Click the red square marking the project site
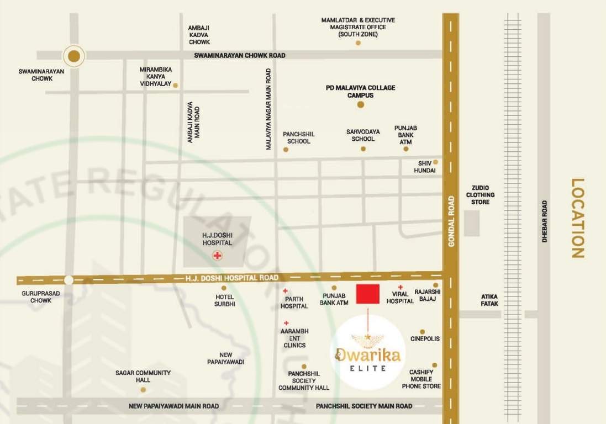[x=368, y=294]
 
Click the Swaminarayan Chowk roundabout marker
[x=73, y=55]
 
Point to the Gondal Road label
[x=451, y=221]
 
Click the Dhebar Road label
[x=544, y=221]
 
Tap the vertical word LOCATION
[x=577, y=218]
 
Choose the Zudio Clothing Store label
[x=480, y=195]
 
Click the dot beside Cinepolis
[x=423, y=332]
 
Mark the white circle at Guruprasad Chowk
[x=68, y=280]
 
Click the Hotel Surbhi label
[x=225, y=300]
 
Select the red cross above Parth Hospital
[x=286, y=291]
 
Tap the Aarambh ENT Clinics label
[x=294, y=338]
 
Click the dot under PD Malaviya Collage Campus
[x=361, y=104]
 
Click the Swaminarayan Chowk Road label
[x=240, y=56]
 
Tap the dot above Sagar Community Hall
[x=143, y=389]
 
